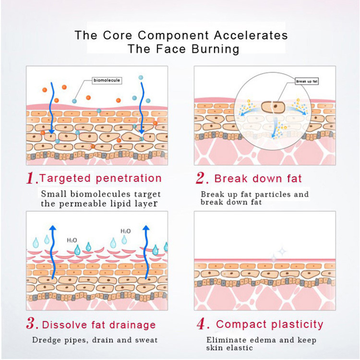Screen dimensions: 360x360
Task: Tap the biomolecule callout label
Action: click(107, 81)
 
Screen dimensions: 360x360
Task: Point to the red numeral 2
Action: click(202, 179)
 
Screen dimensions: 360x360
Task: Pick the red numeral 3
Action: click(32, 324)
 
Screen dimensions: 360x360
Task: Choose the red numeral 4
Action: click(202, 324)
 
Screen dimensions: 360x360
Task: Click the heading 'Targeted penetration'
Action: click(100, 179)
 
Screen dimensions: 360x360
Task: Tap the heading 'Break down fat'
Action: click(258, 179)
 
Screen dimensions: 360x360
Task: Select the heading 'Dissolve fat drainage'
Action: click(98, 324)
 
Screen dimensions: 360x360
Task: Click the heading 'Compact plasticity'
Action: click(270, 324)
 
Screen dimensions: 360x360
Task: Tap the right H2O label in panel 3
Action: click(125, 231)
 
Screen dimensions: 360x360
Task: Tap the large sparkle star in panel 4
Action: click(282, 250)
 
